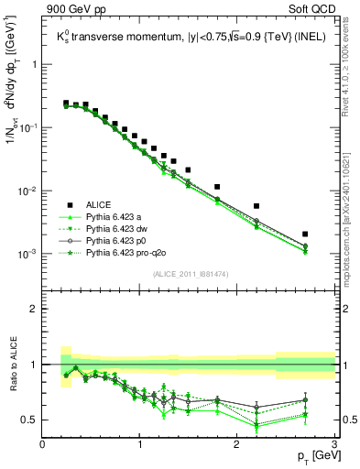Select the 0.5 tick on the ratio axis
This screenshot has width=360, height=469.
30,420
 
